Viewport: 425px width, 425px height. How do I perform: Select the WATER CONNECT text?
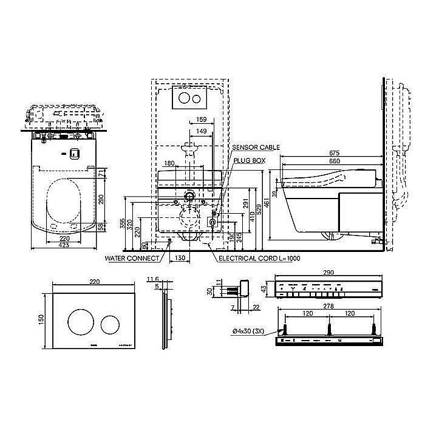132,258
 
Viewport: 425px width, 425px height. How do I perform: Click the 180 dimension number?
169,163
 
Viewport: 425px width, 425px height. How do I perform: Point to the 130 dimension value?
180,258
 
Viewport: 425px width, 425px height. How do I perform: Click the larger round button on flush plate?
80,321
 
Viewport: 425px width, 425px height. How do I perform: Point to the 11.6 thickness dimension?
154,279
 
